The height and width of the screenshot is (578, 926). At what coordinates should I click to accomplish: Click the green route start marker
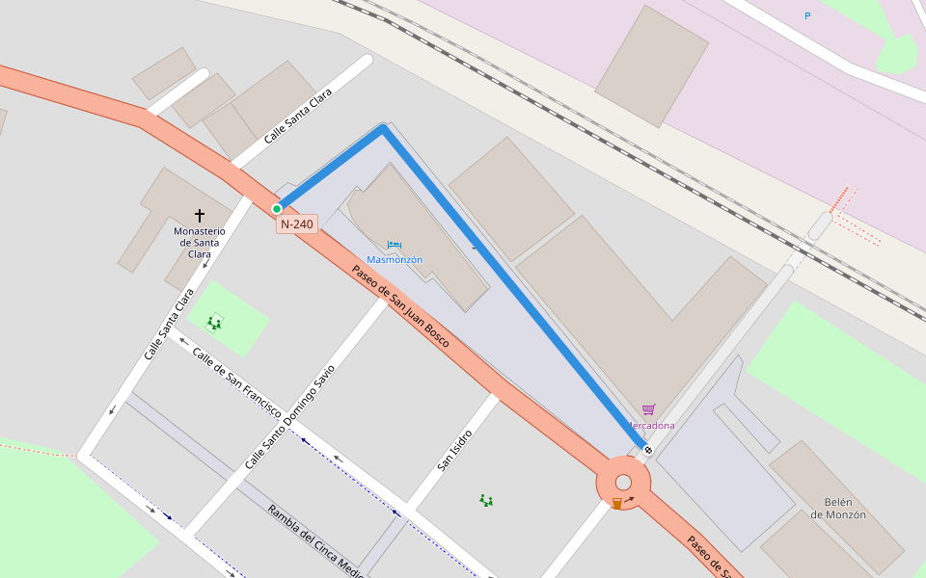(277, 208)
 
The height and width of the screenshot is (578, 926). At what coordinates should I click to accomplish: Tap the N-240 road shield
(296, 224)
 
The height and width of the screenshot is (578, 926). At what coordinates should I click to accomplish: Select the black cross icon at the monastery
(200, 215)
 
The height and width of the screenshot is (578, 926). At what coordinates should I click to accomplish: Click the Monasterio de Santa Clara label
(200, 242)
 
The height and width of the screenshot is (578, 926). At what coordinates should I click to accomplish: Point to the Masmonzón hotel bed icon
(394, 246)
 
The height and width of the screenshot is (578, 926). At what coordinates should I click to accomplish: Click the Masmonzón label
(395, 260)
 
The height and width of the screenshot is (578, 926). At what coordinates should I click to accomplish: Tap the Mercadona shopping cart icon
(648, 410)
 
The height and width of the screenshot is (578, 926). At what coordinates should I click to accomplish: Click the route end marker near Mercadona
(648, 450)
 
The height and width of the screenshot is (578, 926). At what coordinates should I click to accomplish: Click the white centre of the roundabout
(623, 483)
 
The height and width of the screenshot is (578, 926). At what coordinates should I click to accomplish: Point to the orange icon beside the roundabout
(617, 504)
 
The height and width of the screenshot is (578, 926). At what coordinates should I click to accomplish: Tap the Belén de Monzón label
(837, 508)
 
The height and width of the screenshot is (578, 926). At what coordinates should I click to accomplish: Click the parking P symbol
(807, 15)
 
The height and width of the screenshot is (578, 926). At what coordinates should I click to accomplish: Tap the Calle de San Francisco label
(236, 382)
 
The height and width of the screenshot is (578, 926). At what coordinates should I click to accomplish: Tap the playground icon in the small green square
(214, 323)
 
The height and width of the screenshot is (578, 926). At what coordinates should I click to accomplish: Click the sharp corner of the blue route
(383, 128)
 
